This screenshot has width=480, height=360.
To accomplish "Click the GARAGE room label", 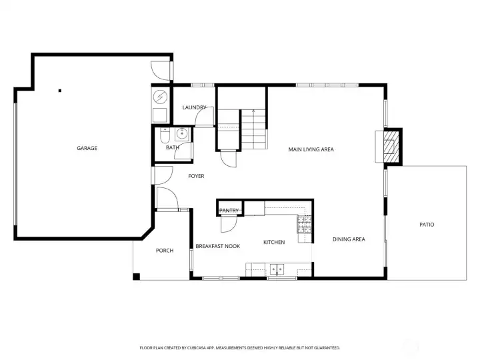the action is click(x=87, y=148).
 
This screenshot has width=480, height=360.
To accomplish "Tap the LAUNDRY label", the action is click(x=195, y=107).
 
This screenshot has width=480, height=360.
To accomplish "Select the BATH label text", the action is click(x=173, y=147).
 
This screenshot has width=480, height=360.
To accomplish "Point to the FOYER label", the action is click(x=196, y=176).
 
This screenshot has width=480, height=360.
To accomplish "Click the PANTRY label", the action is click(x=229, y=211).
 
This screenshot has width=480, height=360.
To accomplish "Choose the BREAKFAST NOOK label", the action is click(x=217, y=246).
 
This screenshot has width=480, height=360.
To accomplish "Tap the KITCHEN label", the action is click(x=274, y=242).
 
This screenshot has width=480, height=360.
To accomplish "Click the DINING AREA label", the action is click(x=349, y=239).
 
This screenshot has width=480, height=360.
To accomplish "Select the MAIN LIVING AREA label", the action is click(x=311, y=149).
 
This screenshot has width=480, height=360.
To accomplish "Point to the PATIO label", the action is click(x=427, y=225).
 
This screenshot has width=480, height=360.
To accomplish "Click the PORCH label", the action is click(x=165, y=251).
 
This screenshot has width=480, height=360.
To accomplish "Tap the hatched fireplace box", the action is click(x=391, y=147).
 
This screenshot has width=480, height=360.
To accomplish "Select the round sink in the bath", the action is click(x=182, y=134).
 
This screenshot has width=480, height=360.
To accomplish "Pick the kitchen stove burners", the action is click(x=304, y=225).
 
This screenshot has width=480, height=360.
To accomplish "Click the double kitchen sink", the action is click(x=277, y=269).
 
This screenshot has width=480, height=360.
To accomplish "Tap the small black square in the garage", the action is click(x=60, y=91).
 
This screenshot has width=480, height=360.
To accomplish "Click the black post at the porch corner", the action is click(x=136, y=277).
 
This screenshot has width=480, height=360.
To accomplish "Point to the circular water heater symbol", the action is click(x=160, y=97).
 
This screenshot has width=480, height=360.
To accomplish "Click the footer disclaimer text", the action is click(x=240, y=348).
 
